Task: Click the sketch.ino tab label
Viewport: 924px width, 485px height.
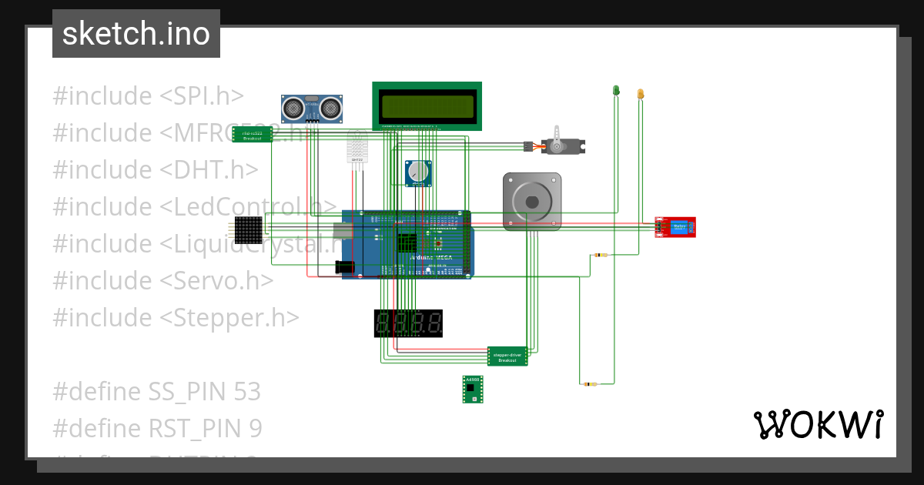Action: click(x=136, y=34)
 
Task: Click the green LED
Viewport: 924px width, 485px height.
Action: click(x=616, y=91)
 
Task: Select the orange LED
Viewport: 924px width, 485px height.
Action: click(x=640, y=94)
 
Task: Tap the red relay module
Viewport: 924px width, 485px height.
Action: click(x=675, y=227)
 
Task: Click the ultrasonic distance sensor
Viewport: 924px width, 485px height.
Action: click(x=311, y=108)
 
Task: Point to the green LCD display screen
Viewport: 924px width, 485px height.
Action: click(x=427, y=105)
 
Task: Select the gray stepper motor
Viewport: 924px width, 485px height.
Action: click(x=532, y=201)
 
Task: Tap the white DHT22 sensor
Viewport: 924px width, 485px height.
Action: click(x=357, y=148)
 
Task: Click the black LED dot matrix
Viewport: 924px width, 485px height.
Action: click(x=249, y=229)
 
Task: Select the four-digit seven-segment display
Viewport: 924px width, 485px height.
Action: click(x=408, y=323)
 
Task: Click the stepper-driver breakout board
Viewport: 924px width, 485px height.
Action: click(x=507, y=356)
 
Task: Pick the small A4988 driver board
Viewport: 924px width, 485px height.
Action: click(x=472, y=390)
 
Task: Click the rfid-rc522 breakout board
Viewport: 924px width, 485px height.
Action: click(x=252, y=135)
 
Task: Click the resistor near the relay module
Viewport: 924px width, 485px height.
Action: click(x=601, y=255)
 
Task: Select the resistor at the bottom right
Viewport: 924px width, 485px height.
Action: click(x=590, y=383)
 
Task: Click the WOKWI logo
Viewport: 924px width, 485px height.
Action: click(x=818, y=424)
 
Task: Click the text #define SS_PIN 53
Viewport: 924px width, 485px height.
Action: click(x=157, y=392)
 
